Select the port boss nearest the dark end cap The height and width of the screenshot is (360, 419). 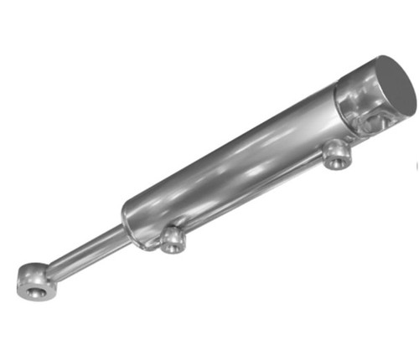pyautogui.click(x=337, y=155)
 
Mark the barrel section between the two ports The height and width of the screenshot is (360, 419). pyautogui.click(x=251, y=188)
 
